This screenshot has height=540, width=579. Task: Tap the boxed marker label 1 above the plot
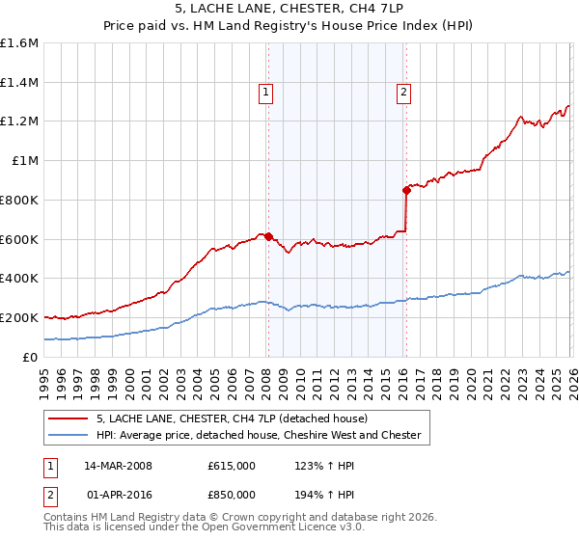coord(265,93)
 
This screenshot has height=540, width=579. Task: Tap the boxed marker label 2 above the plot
coord(402,93)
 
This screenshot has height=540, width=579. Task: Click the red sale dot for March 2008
coord(268,235)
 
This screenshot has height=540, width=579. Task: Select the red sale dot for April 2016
coord(406,190)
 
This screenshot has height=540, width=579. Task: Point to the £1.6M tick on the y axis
coord(19,43)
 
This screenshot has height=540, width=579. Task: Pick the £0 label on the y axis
coord(31,357)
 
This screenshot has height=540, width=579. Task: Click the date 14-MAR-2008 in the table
coord(118,466)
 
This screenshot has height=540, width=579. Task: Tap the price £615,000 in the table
coord(232,466)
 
